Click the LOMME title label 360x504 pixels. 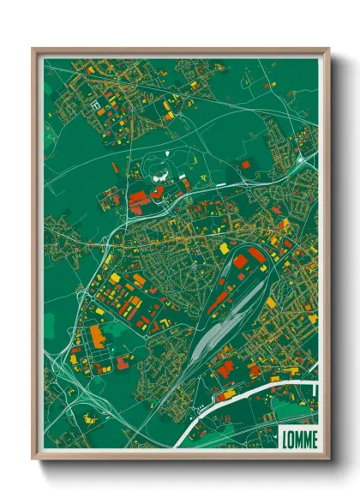tap(298, 437)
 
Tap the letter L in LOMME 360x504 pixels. tap(285, 437)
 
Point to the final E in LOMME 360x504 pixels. tap(313, 437)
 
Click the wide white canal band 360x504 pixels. tap(257, 390)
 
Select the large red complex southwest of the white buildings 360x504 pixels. tap(138, 200)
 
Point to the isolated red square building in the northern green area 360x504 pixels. tap(245, 164)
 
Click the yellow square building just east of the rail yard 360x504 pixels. tap(271, 303)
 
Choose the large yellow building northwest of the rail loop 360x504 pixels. tap(224, 248)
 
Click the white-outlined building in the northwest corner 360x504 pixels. tap(95, 105)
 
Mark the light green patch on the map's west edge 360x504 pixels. tap(49, 321)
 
